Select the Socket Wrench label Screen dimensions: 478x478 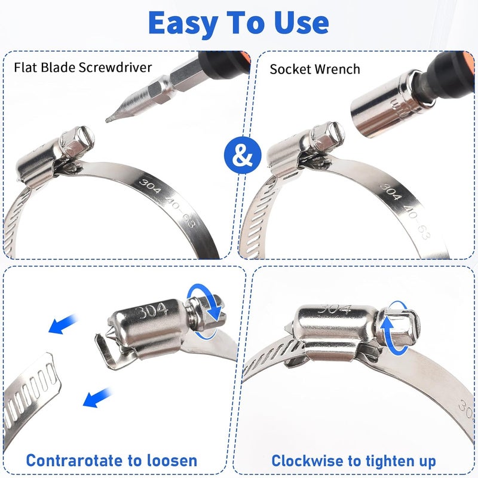[x=315, y=69]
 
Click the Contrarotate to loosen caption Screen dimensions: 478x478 [x=111, y=461]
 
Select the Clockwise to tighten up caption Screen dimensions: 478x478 [x=353, y=461]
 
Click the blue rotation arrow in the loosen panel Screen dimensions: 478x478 [x=205, y=311]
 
